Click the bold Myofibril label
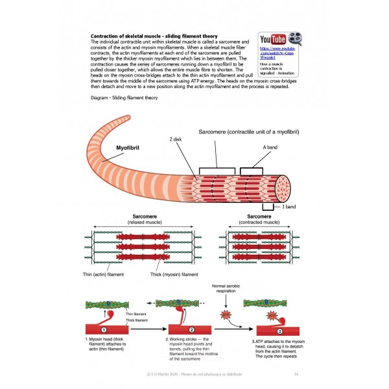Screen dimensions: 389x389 (128, 148)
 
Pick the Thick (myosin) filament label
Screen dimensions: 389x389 (174, 274)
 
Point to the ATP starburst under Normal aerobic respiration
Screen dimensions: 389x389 (226, 314)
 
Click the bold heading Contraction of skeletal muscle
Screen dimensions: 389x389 (153, 36)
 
